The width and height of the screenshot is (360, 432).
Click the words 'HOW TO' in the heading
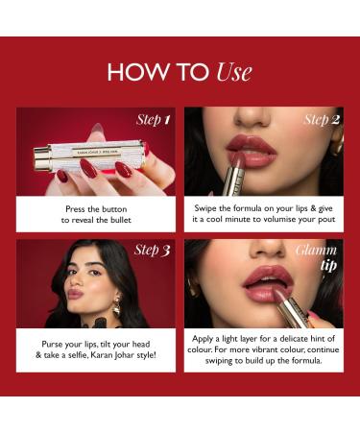click(157, 73)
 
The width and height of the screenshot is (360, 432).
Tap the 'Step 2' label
click(322, 120)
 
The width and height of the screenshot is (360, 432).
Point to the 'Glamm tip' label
click(323, 256)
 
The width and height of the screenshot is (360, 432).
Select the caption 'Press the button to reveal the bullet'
click(96, 213)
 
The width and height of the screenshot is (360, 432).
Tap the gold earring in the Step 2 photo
click(337, 141)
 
